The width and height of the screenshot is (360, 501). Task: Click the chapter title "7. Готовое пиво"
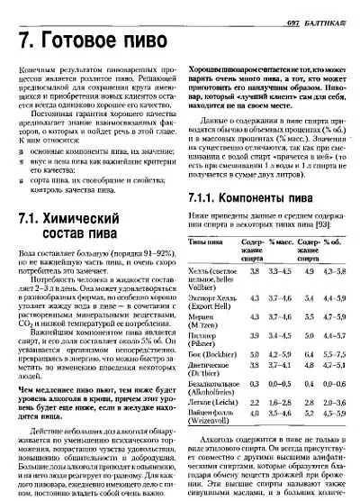(94, 42)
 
